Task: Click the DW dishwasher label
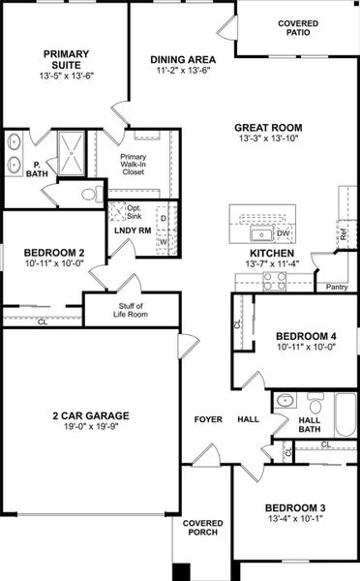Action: [284, 233]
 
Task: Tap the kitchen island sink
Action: [260, 233]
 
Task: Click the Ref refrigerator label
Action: [344, 232]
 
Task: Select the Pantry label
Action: [337, 287]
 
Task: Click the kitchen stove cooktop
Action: [275, 281]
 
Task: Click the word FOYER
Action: [208, 419]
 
